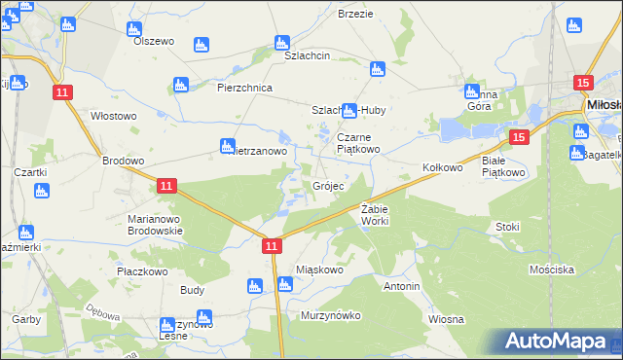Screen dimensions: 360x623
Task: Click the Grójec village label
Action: [x=327, y=186]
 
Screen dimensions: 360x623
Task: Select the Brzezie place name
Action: [x=355, y=14]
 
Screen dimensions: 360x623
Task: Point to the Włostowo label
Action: [x=113, y=116]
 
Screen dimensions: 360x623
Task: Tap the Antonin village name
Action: [x=401, y=287]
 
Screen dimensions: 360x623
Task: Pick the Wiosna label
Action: [x=445, y=319]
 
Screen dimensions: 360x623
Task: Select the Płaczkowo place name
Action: [x=137, y=271]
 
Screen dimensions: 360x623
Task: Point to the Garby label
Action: [x=25, y=319]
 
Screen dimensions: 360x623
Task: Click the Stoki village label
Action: [x=507, y=227]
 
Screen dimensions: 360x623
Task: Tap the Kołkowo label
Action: [x=442, y=168]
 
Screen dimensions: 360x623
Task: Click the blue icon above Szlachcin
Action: [x=282, y=43]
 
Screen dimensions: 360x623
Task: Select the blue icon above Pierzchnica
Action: [x=179, y=85]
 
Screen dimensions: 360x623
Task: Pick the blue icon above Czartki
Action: [x=41, y=190]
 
